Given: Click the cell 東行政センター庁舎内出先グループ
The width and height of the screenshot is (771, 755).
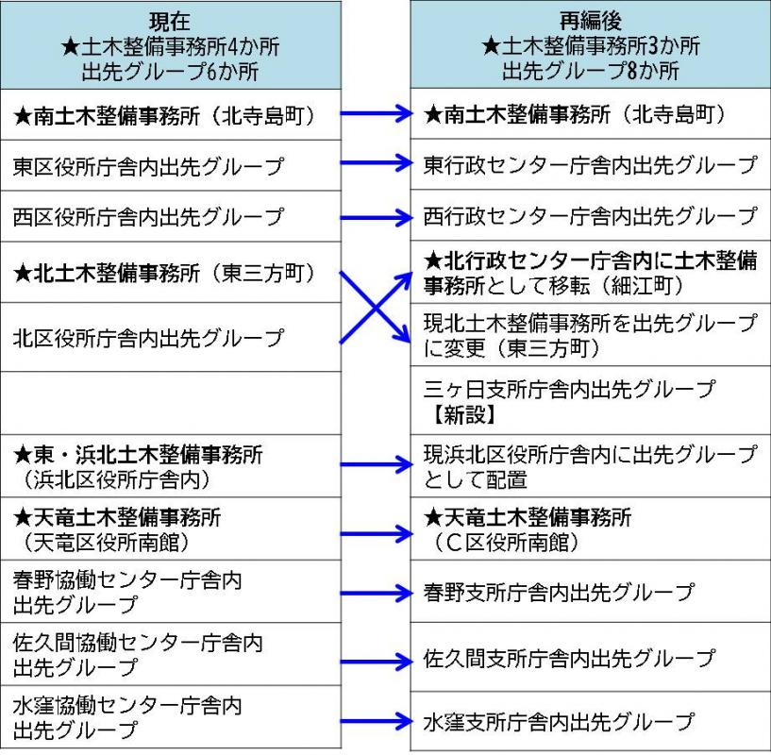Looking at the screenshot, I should point(590,166).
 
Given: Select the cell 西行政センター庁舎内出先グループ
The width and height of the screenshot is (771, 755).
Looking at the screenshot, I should point(590,217).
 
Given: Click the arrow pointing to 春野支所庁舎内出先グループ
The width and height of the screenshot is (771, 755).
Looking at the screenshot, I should point(375,594).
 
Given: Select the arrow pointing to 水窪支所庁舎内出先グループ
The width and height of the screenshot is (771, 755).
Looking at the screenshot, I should point(375,723).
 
